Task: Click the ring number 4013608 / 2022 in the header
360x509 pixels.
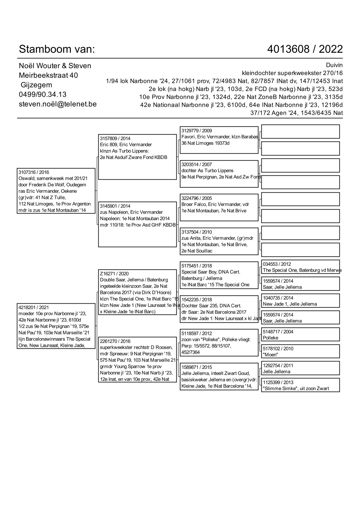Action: (x=305, y=49)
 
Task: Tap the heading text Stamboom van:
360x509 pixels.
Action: (x=57, y=49)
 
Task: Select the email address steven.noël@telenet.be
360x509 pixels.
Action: (x=57, y=104)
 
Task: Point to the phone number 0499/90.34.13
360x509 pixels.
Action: (x=42, y=94)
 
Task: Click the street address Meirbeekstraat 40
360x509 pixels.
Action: (x=48, y=75)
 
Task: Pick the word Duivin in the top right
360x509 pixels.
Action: (x=334, y=65)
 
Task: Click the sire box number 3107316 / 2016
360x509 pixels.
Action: (x=34, y=172)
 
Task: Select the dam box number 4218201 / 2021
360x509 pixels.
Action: (x=34, y=308)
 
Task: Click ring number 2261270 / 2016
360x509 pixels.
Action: (x=115, y=341)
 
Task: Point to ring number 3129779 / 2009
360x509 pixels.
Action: (x=197, y=131)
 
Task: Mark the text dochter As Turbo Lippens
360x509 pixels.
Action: (x=207, y=171)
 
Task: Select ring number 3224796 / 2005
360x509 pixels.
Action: (x=197, y=198)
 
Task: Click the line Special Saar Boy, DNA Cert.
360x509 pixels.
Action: (x=211, y=272)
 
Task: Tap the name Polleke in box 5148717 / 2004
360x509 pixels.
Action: (x=270, y=338)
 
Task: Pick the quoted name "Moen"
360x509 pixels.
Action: (x=270, y=355)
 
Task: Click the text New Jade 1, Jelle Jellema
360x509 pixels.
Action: (x=290, y=304)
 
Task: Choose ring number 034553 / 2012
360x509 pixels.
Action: (x=277, y=264)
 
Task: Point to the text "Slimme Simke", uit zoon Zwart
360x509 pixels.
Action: (x=296, y=389)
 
